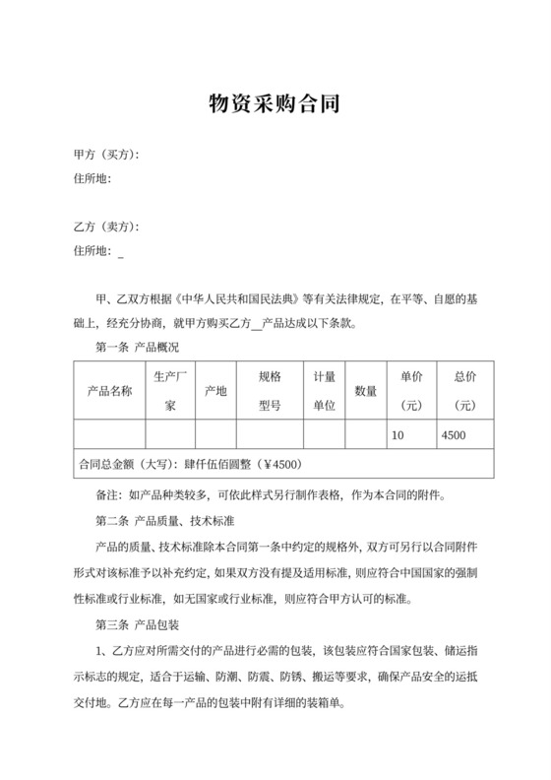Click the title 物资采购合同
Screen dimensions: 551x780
pos(275,104)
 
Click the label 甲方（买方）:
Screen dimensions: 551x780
pos(106,156)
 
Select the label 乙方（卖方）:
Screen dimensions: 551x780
pos(106,227)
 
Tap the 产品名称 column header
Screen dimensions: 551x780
pos(109,391)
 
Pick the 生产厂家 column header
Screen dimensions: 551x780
pos(170,391)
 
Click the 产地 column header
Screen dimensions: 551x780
pos(214,391)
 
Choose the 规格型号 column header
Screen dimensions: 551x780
pos(271,391)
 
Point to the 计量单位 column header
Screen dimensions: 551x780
pos(325,391)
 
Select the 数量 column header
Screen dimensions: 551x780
pos(366,391)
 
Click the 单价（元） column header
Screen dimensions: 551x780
pos(411,391)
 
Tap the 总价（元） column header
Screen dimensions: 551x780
pos(465,391)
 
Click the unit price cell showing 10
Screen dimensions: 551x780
pos(398,435)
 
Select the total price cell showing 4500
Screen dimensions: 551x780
pos(455,435)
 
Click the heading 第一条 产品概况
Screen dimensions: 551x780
pos(137,347)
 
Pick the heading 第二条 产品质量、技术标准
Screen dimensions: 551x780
pos(170,519)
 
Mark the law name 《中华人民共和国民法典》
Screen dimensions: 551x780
pos(241,295)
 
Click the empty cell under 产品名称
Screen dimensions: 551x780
pos(109,435)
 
